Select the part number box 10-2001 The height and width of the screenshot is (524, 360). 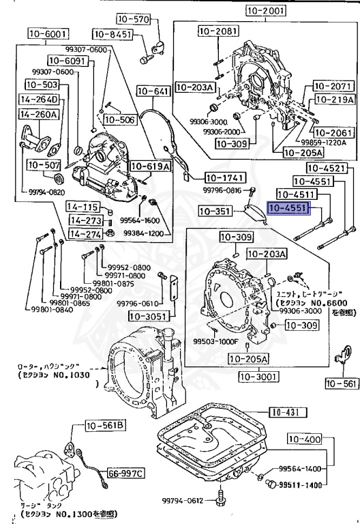(x=265, y=11)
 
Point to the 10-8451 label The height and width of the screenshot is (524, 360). (x=112, y=34)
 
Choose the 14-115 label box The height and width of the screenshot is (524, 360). (x=85, y=207)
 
